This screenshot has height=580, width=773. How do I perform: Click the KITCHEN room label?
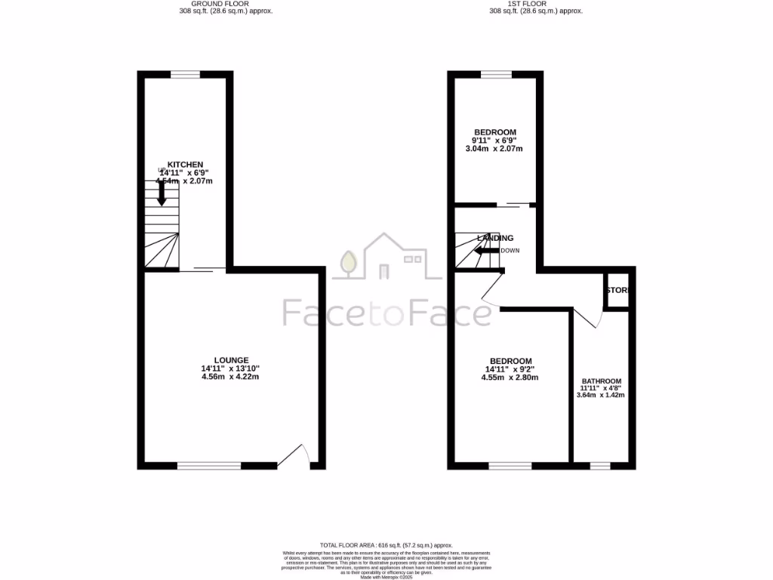(x=185, y=165)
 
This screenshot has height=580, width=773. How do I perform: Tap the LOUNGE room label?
(x=231, y=359)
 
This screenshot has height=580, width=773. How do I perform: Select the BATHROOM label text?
(x=601, y=381)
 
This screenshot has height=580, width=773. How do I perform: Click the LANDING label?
(x=495, y=238)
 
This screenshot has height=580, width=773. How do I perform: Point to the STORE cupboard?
(x=617, y=290)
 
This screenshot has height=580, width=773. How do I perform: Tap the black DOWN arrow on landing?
(x=488, y=251)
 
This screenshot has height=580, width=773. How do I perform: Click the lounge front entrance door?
(x=294, y=455)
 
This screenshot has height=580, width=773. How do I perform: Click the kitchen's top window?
(x=185, y=74)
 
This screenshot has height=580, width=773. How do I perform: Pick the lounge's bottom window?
(x=209, y=466)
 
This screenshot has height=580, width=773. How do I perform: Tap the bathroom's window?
(x=600, y=466)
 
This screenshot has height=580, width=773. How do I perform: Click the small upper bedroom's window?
(x=496, y=74)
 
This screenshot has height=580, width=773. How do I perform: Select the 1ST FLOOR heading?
(x=535, y=4)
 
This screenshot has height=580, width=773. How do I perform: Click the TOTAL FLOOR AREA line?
(x=386, y=545)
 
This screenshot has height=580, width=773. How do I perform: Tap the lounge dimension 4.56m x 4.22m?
(x=230, y=377)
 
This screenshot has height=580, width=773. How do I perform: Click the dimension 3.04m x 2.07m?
(x=494, y=149)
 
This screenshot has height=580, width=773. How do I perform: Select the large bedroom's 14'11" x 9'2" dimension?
(x=510, y=369)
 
